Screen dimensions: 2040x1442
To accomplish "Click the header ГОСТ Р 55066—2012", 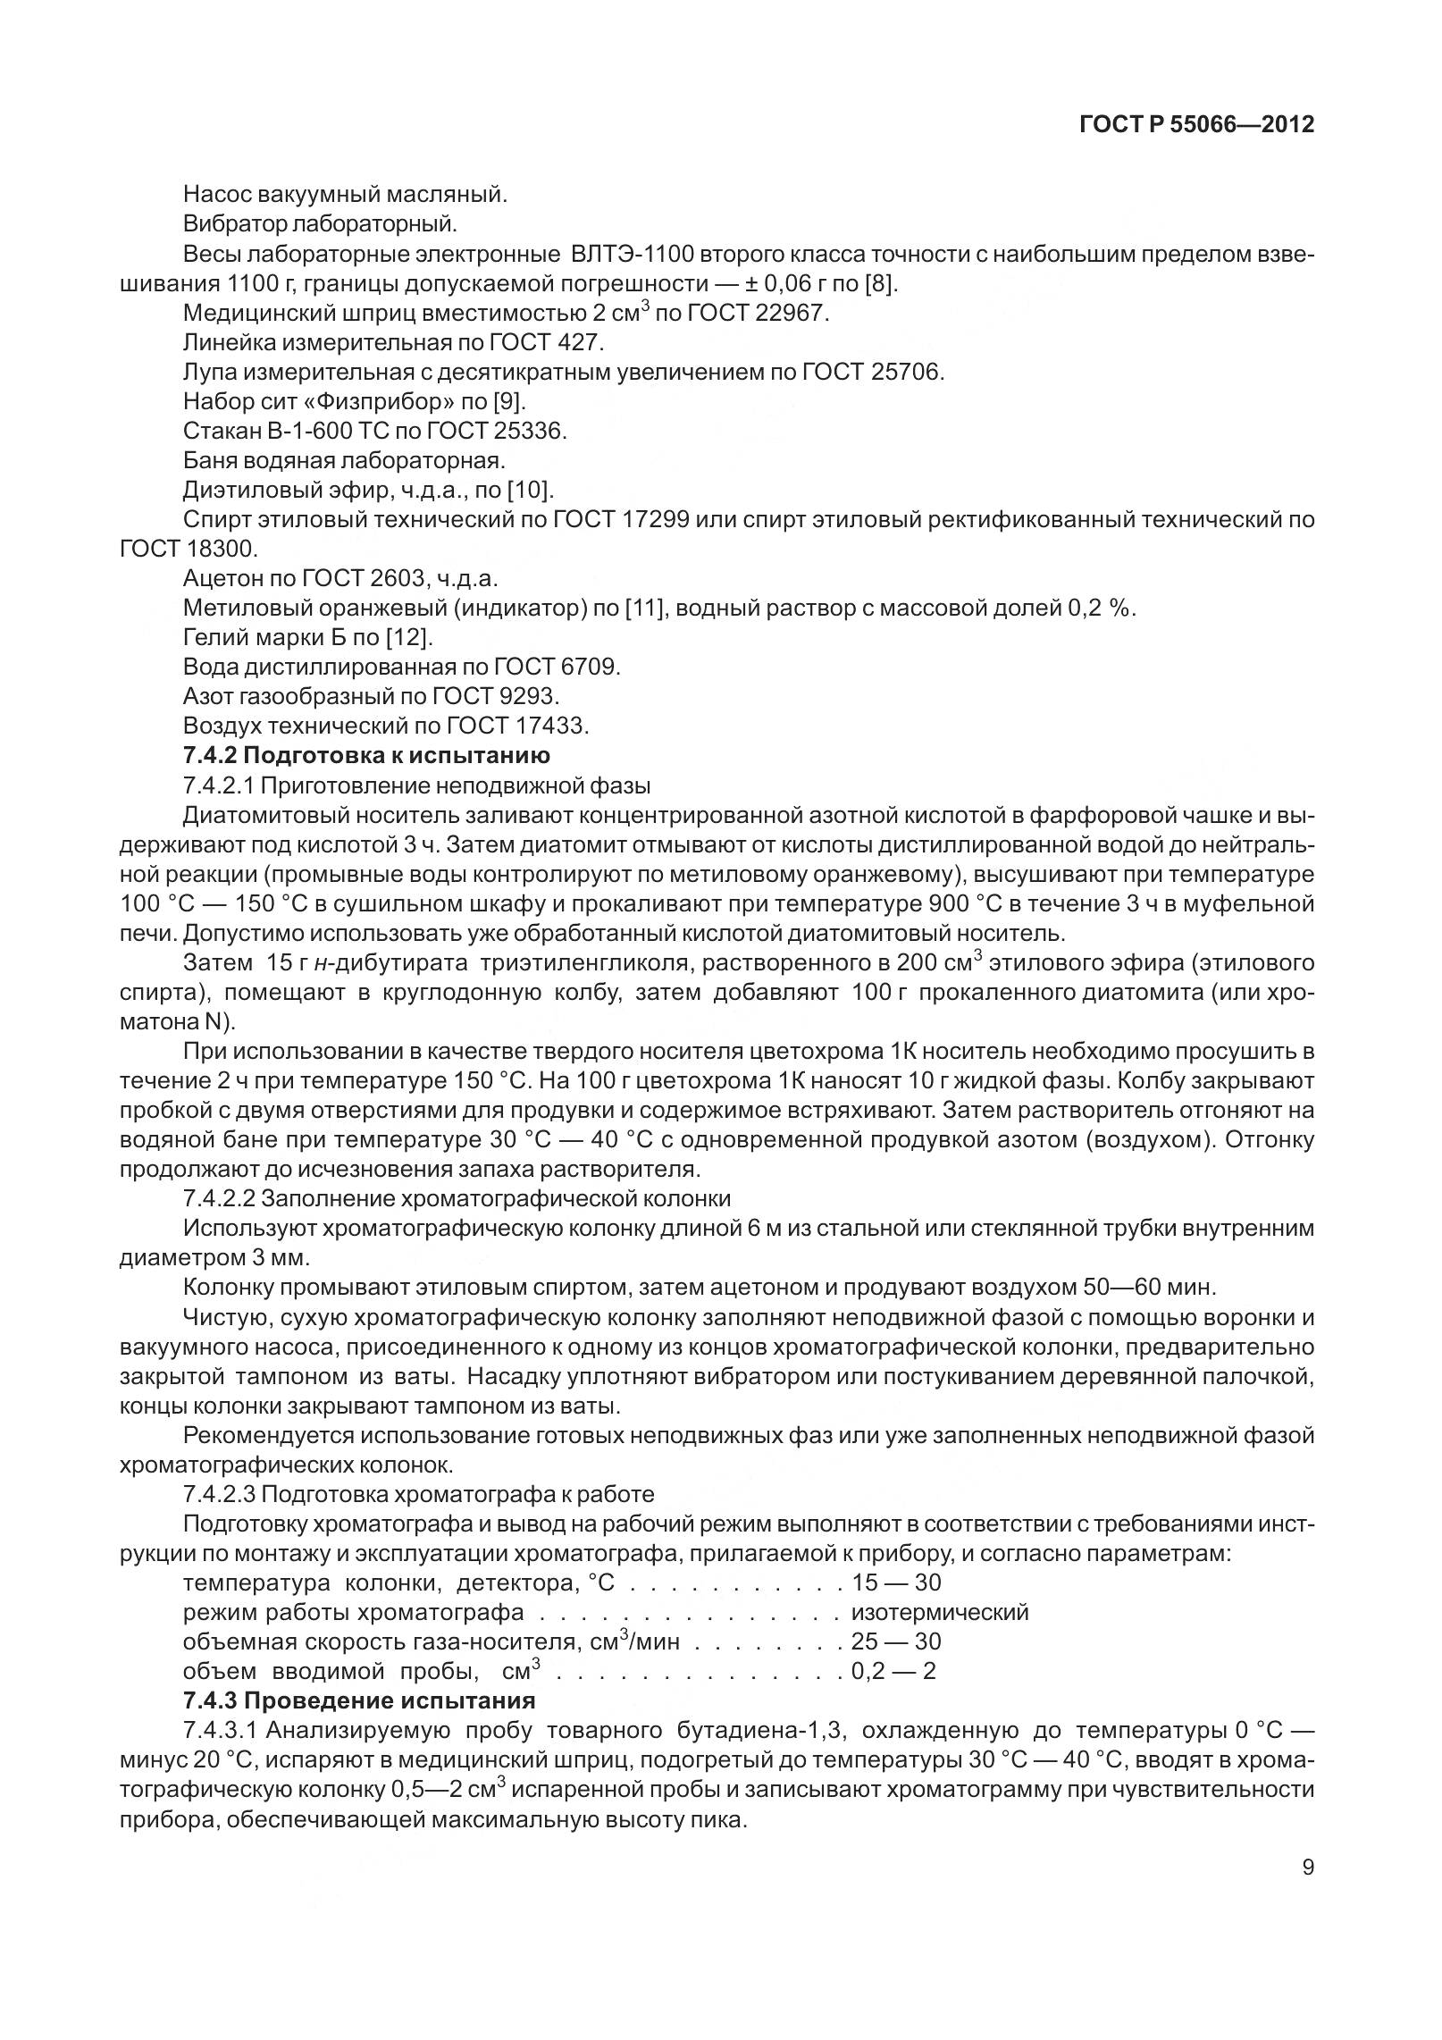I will point(1196,124).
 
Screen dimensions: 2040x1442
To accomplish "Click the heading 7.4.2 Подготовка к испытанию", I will point(366,755).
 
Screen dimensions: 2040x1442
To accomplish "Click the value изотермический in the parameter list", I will point(940,1612).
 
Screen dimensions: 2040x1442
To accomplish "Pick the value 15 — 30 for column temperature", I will point(896,1582).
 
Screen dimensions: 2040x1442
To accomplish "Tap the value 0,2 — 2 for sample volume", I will point(893,1671).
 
